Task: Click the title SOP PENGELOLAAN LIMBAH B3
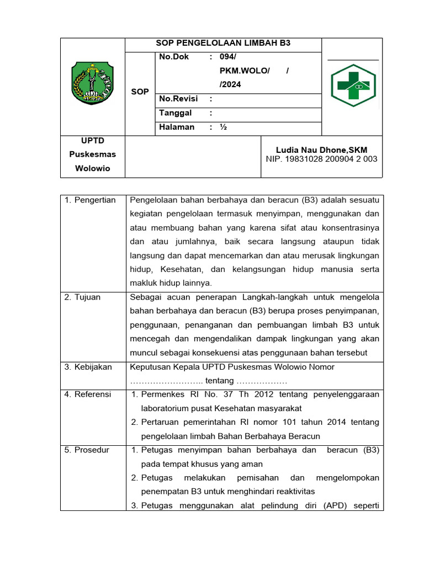222,43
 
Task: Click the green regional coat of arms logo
92,84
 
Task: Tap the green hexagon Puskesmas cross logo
353,85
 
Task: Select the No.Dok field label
174,57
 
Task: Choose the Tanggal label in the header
176,113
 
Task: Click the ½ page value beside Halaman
223,127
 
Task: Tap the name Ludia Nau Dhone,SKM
321,150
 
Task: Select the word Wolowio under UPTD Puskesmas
92,168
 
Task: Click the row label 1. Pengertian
90,200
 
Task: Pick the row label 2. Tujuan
82,297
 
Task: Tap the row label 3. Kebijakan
88,366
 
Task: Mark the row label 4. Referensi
88,394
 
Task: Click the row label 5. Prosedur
87,450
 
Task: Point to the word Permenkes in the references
161,395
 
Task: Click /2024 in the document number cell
230,84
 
